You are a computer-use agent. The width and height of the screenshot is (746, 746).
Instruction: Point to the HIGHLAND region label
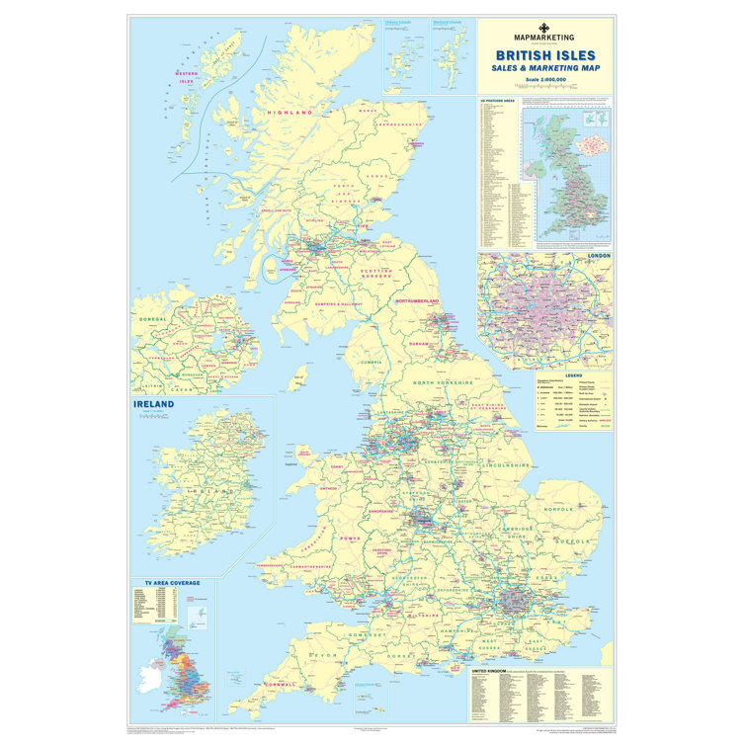[290, 113]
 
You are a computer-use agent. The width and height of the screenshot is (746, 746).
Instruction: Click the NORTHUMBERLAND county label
[417, 299]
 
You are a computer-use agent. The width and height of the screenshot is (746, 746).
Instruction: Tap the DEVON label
[325, 655]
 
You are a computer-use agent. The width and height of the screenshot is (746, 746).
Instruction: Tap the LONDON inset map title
[599, 256]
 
